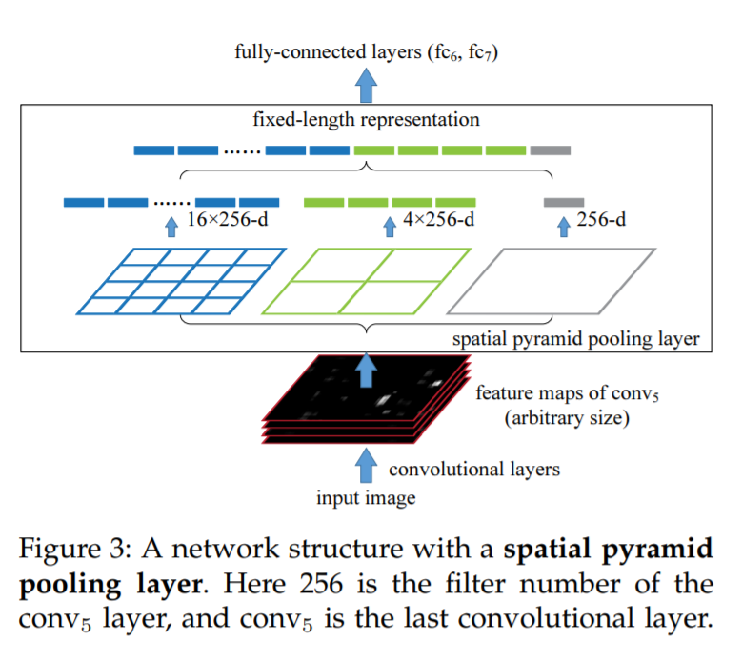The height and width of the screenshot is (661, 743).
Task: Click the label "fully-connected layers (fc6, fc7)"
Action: click(367, 52)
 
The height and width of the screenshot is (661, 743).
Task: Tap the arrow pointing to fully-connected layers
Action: click(367, 88)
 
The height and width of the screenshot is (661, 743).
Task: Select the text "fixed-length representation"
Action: click(366, 121)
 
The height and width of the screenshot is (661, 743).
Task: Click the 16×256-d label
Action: click(225, 221)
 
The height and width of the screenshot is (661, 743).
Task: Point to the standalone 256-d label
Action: click(601, 221)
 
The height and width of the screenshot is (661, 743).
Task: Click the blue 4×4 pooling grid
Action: click(181, 281)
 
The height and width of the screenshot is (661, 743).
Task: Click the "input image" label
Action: click(366, 496)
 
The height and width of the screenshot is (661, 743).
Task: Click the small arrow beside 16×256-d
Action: click(171, 226)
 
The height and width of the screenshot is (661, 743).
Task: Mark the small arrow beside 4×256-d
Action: click(389, 226)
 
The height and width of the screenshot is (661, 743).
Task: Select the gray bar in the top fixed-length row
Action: click(551, 150)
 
